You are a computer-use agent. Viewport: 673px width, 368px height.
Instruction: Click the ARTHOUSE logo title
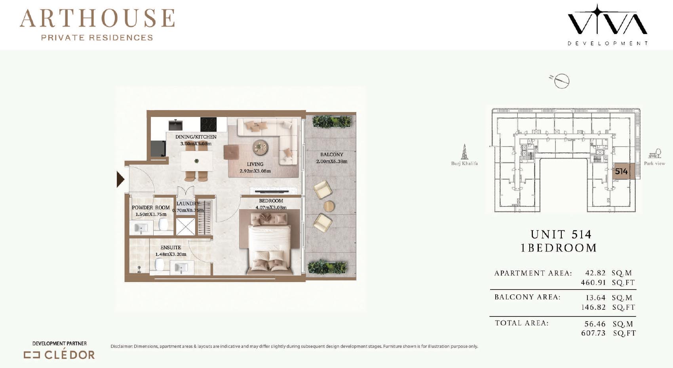[97, 18]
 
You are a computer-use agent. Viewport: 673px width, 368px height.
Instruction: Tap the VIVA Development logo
[607, 25]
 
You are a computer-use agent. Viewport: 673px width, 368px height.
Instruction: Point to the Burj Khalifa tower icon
[464, 152]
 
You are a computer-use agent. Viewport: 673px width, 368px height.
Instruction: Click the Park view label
[654, 164]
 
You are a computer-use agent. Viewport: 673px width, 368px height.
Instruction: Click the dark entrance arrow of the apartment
[120, 179]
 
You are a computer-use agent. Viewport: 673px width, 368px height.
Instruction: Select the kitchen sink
[176, 125]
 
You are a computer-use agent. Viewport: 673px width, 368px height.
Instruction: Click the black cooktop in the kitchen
[209, 124]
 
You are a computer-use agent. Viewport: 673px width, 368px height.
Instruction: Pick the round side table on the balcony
[329, 206]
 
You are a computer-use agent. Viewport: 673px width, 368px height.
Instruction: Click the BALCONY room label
[332, 154]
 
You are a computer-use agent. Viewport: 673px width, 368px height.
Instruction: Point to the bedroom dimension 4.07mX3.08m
[271, 208]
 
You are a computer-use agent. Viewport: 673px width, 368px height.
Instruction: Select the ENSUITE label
[171, 248]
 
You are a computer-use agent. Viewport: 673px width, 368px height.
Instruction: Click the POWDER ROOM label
[151, 208]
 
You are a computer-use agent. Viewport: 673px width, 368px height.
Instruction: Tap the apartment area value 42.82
[595, 273]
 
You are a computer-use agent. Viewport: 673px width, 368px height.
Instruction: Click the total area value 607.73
[593, 333]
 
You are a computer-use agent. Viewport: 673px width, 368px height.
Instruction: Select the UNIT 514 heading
[561, 234]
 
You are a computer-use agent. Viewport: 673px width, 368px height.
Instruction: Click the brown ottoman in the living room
[231, 152]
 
